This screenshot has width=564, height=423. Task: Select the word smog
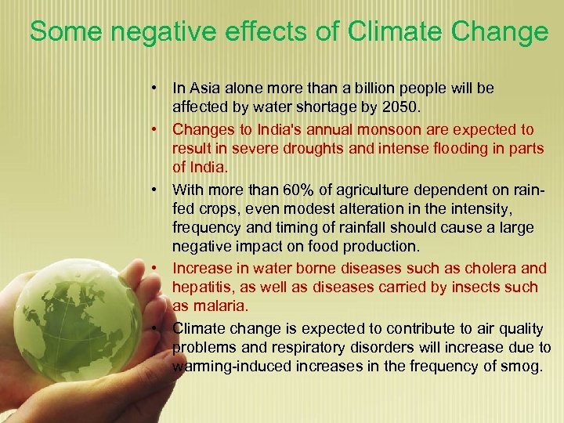tap(525, 366)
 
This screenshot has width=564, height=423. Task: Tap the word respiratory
tap(309, 347)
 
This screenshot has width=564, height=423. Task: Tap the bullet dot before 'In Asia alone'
tap(157, 89)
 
